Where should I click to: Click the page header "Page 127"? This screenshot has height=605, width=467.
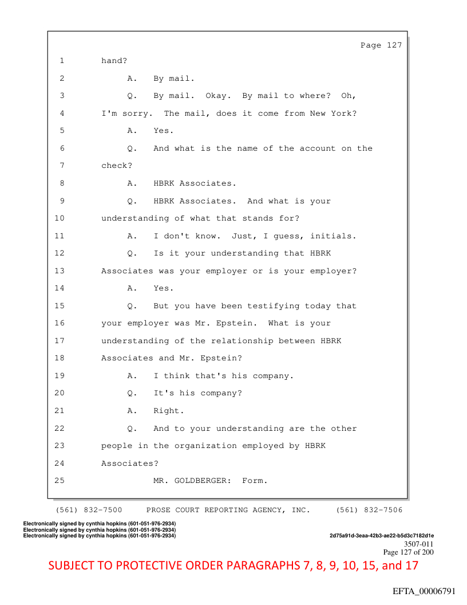381,45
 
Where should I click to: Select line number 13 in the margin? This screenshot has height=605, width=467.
60,271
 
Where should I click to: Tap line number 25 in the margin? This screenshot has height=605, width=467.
60,481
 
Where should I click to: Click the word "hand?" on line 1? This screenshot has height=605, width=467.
114,60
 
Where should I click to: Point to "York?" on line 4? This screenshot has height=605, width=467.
343,113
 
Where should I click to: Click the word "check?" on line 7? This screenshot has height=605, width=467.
117,166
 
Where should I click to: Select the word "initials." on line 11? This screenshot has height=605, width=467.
336,236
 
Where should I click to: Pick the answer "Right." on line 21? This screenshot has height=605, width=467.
169,411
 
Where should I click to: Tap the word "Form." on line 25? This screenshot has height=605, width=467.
255,481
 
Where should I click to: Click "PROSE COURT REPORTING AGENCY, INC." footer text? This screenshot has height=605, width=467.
228,510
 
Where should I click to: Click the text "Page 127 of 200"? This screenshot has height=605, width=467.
408,552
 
